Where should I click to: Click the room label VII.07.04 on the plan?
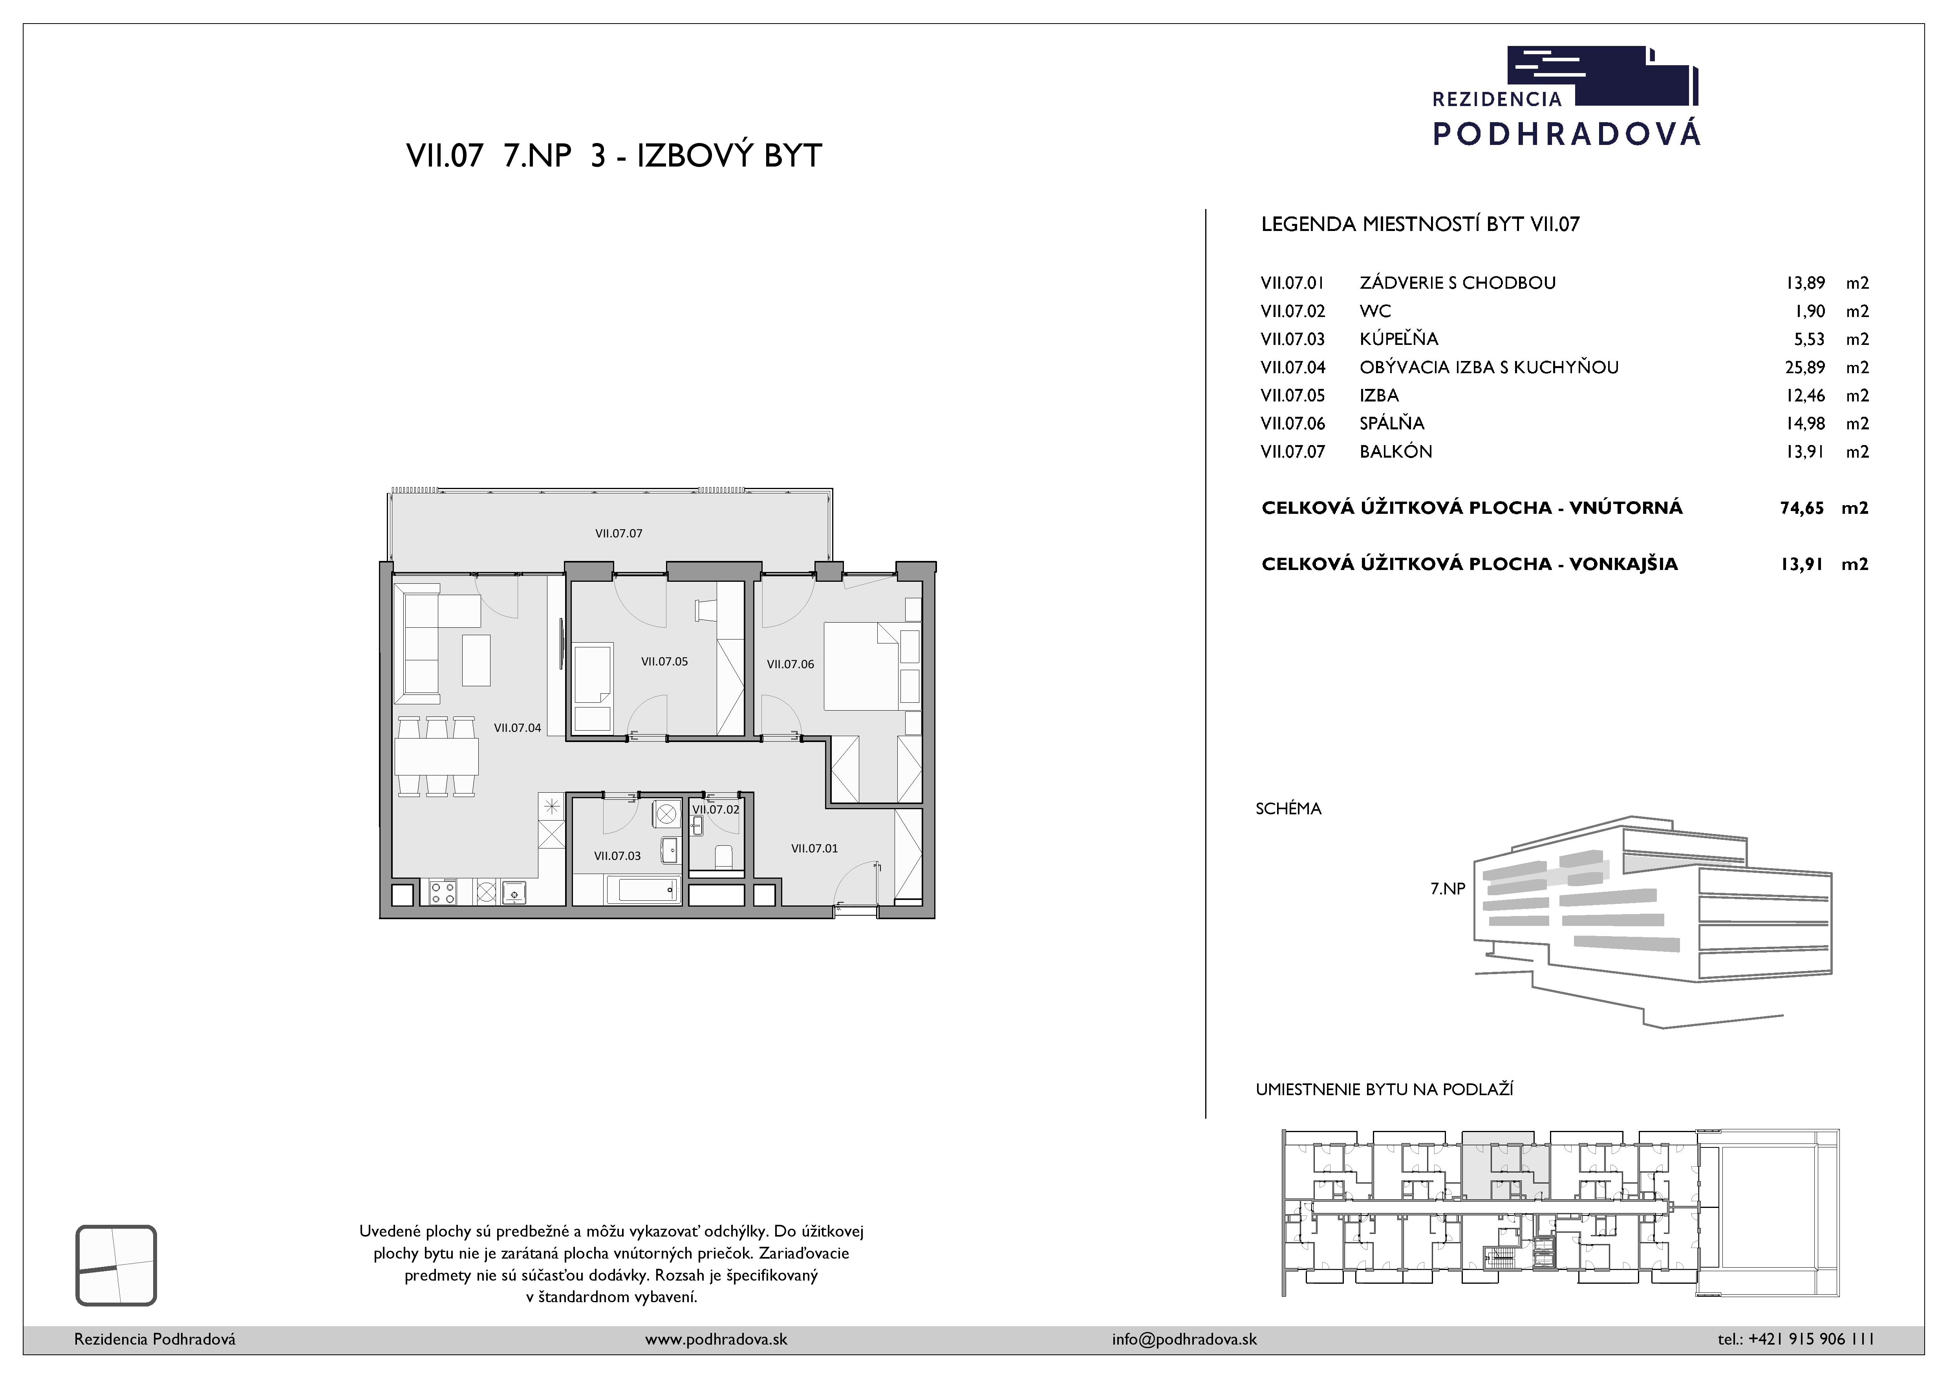pyautogui.click(x=518, y=727)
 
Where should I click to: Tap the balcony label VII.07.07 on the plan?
pyautogui.click(x=619, y=533)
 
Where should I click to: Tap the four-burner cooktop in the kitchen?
pyautogui.click(x=443, y=892)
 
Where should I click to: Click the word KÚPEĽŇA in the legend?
pyautogui.click(x=1399, y=339)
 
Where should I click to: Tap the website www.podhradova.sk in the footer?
pyautogui.click(x=716, y=1339)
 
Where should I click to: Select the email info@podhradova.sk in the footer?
pyautogui.click(x=1184, y=1339)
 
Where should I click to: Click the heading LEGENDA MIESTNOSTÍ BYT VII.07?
pyautogui.click(x=1420, y=224)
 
